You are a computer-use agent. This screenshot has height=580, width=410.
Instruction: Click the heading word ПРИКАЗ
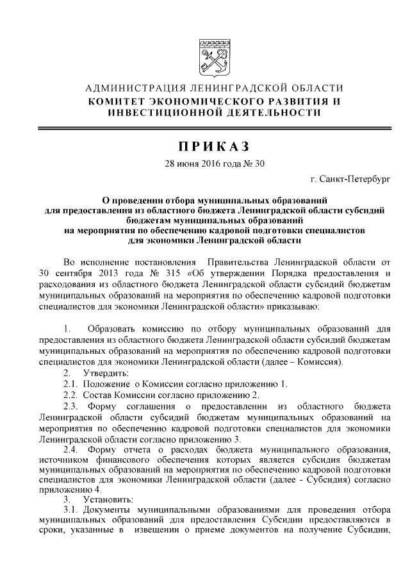click(204, 145)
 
